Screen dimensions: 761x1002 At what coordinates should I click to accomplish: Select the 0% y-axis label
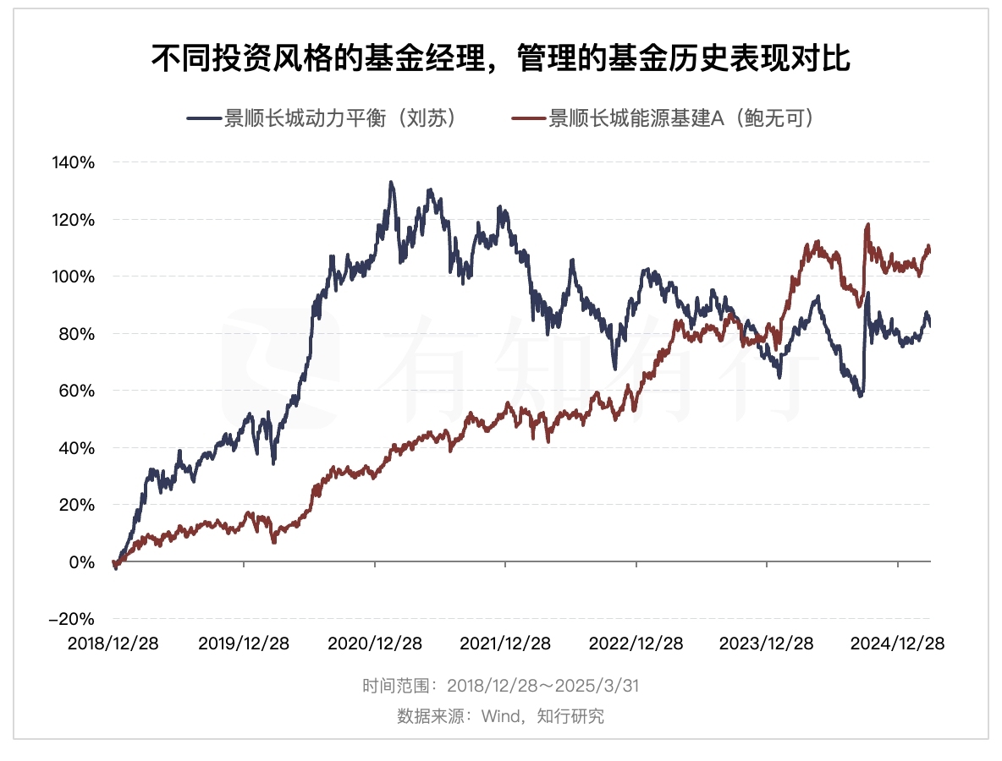[81, 561]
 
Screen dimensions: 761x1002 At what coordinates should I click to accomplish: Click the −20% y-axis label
[71, 619]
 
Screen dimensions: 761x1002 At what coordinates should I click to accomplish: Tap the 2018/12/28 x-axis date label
[113, 643]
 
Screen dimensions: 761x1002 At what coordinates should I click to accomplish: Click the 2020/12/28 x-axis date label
[374, 643]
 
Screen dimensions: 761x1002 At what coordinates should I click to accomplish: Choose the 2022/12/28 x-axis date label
[636, 643]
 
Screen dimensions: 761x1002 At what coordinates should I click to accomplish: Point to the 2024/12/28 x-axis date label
[897, 643]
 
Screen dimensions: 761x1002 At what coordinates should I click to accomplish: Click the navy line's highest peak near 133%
[390, 182]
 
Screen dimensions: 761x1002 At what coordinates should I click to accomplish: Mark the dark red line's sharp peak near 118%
[867, 225]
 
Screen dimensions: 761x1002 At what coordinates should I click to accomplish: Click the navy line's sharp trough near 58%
[861, 396]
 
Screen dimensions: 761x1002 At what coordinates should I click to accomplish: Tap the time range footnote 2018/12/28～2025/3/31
[500, 686]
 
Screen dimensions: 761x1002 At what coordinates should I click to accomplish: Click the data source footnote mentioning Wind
[500, 716]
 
